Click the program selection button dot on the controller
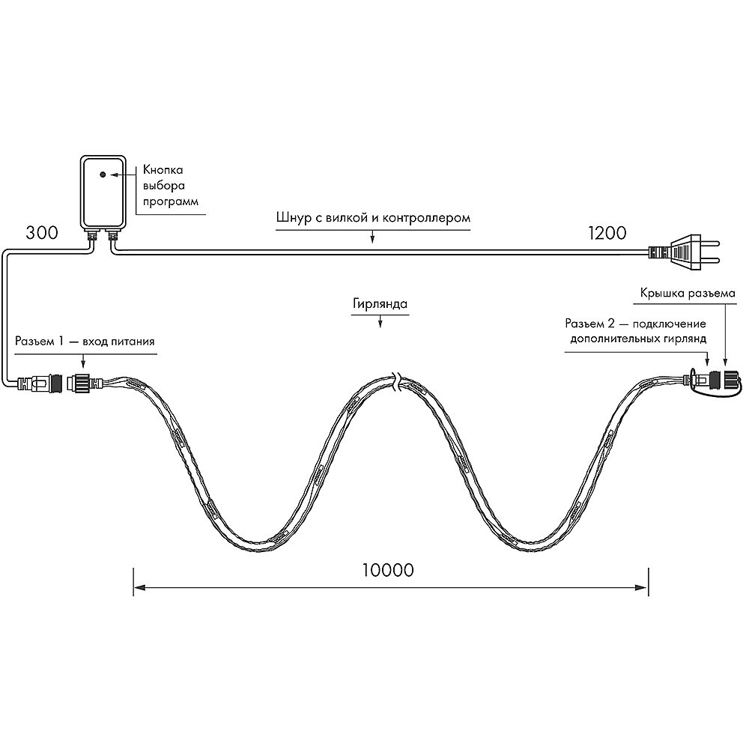(103, 175)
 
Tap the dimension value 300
(42, 233)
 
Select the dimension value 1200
(607, 233)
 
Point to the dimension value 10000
(388, 570)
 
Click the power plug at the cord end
(684, 252)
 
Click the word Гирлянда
(380, 304)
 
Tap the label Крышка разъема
(688, 294)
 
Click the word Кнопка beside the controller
(163, 170)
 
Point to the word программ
(171, 202)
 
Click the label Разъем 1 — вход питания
(85, 341)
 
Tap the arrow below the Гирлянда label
(380, 322)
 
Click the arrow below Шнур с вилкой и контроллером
(372, 237)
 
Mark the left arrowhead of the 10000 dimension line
(139, 587)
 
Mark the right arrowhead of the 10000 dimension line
(643, 587)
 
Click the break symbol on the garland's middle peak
(395, 383)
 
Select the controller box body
(103, 191)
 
